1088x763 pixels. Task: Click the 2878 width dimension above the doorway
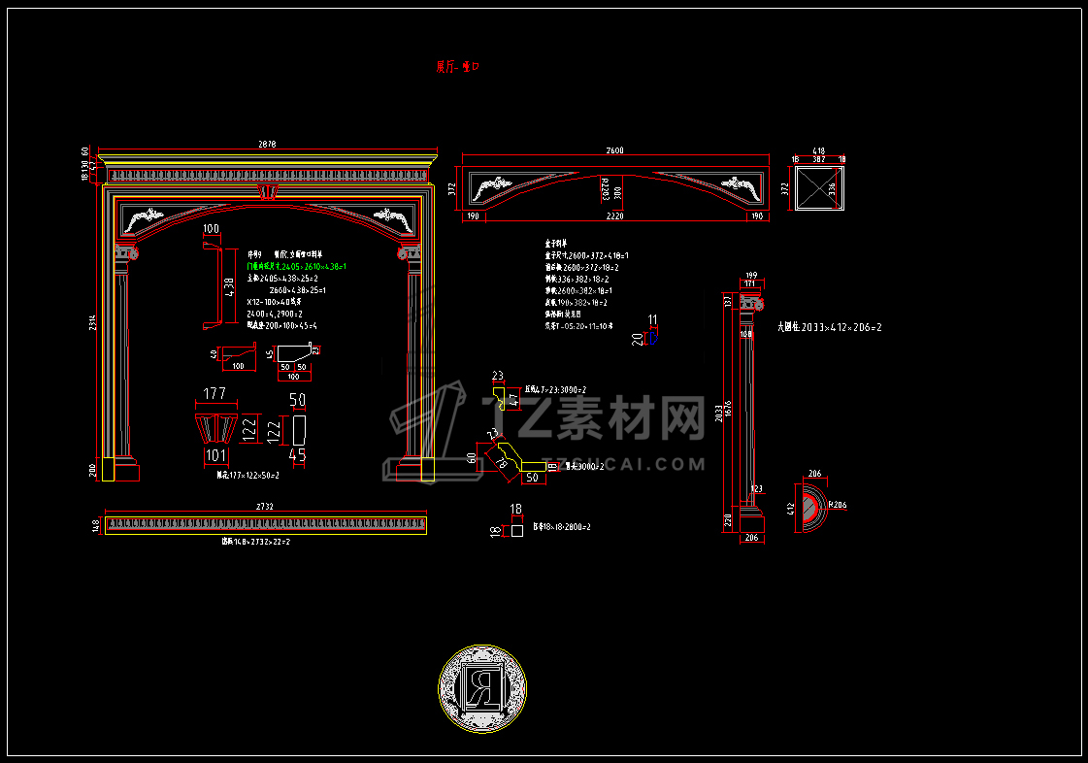pos(267,145)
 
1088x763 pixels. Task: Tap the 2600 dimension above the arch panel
pos(614,150)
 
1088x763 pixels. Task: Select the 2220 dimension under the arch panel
pos(614,216)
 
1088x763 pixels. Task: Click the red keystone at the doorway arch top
pos(268,191)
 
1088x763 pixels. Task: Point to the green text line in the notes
pos(297,265)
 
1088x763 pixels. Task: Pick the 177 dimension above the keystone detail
pos(214,393)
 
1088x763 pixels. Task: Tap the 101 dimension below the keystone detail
pos(214,455)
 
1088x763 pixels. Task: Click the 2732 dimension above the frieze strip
pos(264,507)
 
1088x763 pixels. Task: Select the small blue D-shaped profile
pos(654,336)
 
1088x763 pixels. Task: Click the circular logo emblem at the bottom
pos(481,690)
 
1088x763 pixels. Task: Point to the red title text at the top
pos(458,67)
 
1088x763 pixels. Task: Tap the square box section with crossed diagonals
pos(820,188)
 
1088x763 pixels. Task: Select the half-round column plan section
pos(810,508)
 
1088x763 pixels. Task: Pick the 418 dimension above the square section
pos(819,151)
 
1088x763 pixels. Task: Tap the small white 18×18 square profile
pos(517,530)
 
